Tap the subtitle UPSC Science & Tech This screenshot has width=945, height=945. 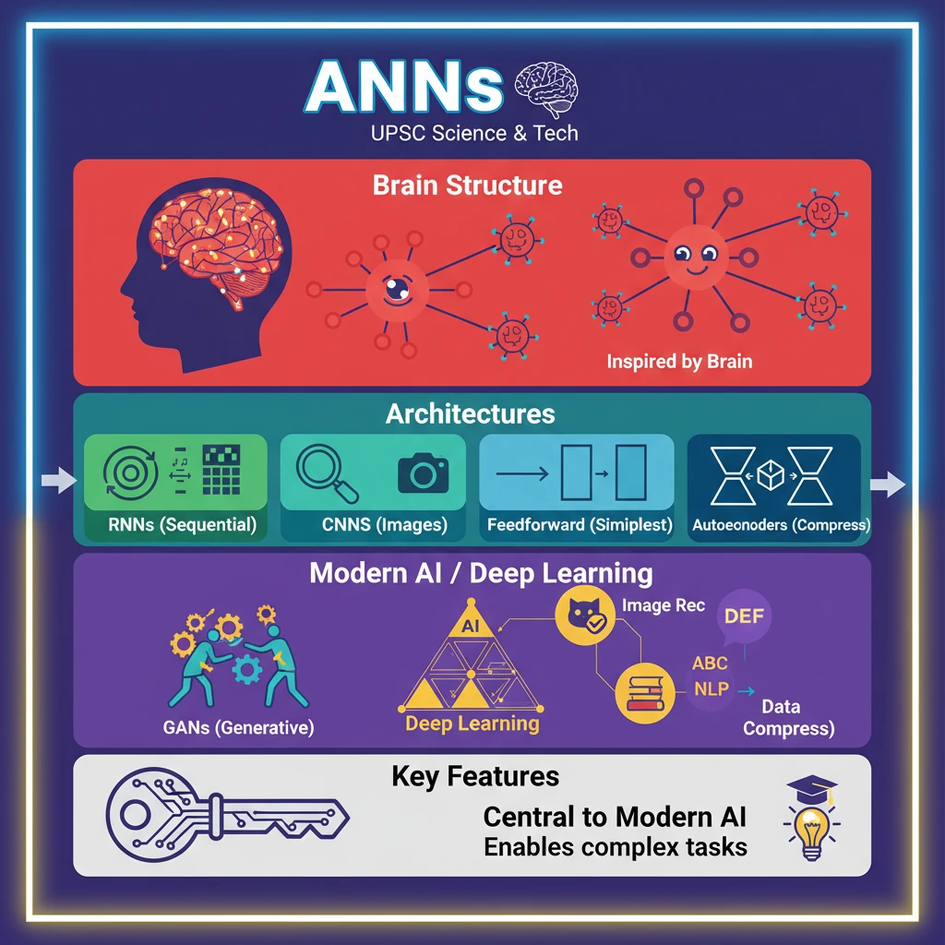click(x=474, y=133)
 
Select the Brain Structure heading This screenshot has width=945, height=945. click(x=467, y=185)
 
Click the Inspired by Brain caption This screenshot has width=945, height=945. click(x=679, y=361)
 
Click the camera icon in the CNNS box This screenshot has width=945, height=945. click(x=423, y=473)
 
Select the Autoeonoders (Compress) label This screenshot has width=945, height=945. click(x=781, y=525)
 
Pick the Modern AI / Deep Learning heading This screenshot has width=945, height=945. click(x=481, y=573)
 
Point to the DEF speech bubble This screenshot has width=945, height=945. click(x=744, y=615)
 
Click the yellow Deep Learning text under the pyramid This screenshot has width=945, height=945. click(x=472, y=723)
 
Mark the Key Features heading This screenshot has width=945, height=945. click(x=475, y=776)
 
